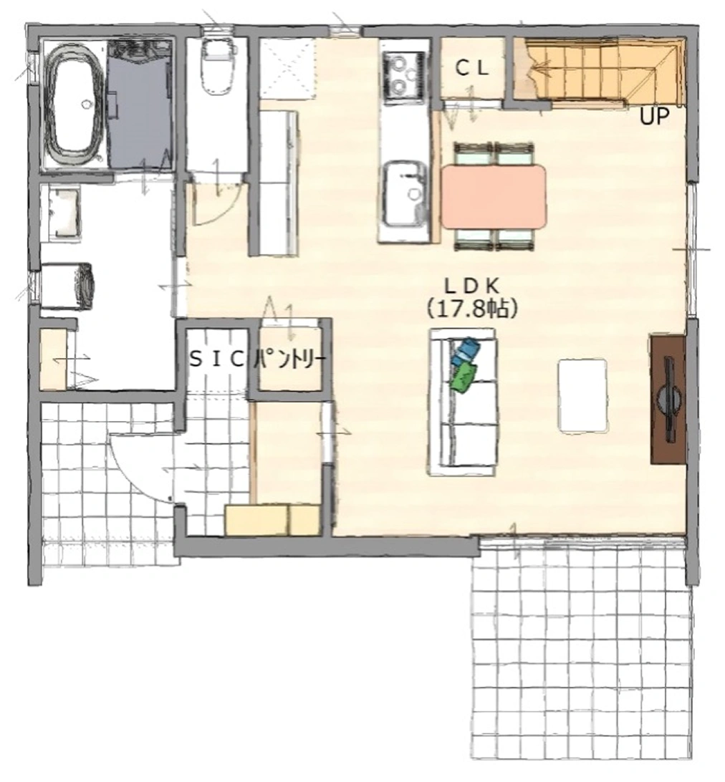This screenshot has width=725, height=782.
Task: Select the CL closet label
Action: point(472,69)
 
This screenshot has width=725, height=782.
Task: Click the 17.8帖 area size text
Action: point(472,309)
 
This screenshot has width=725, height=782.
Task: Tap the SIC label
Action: point(216,359)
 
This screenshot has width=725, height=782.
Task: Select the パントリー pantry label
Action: point(290,359)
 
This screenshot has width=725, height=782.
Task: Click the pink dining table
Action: point(494,197)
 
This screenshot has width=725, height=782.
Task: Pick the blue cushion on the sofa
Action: point(465,351)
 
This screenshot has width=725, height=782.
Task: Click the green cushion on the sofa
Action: point(464,377)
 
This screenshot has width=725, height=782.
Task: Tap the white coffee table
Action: point(583,395)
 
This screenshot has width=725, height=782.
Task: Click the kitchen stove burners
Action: point(403,75)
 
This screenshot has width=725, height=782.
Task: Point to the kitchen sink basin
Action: point(405,193)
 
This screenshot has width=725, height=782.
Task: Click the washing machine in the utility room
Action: point(67,286)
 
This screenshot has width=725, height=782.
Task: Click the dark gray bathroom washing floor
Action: point(140,104)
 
